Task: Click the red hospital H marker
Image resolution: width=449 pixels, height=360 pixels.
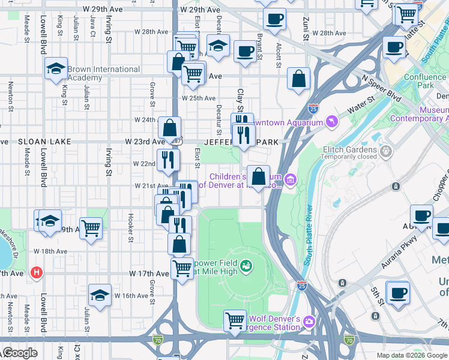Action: [x=37, y=273]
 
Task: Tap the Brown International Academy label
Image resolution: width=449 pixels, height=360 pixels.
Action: [x=103, y=73]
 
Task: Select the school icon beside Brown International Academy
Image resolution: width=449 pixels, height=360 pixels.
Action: [x=56, y=70]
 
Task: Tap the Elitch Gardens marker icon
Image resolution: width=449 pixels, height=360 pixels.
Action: [x=385, y=149]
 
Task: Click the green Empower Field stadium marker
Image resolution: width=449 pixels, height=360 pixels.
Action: [x=246, y=265]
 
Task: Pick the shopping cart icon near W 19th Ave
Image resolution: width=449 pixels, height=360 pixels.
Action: [x=91, y=228]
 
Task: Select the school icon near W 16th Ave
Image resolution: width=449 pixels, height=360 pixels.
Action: [x=100, y=295]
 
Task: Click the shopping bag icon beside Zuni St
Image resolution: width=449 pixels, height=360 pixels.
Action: [x=298, y=79]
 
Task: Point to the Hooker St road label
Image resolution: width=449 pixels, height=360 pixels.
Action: [x=130, y=229]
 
